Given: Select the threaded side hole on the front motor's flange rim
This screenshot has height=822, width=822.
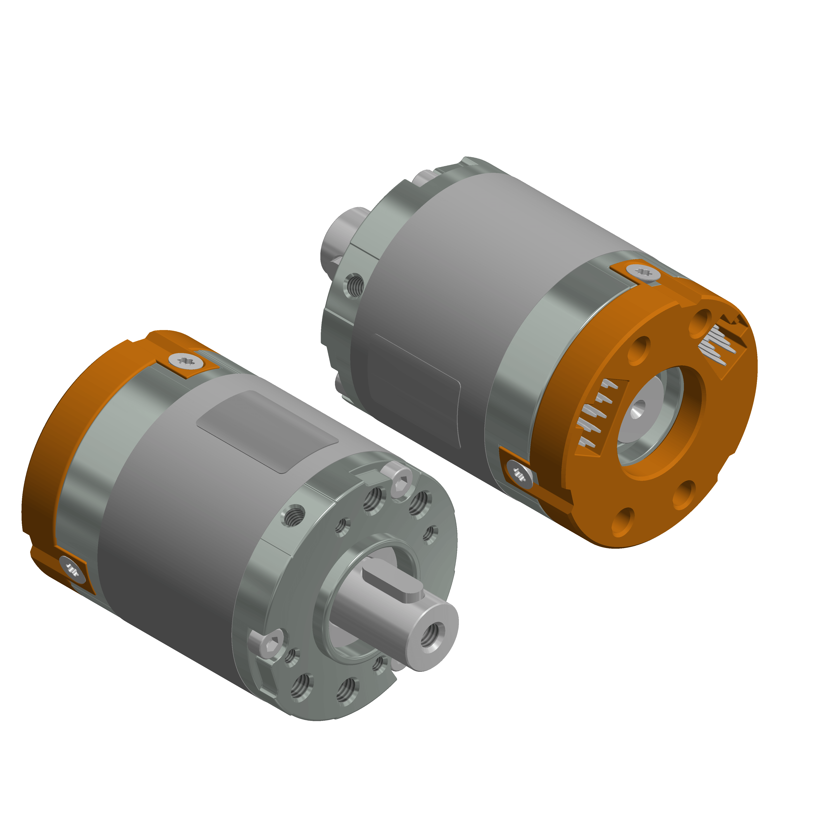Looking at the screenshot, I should pos(293,515).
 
